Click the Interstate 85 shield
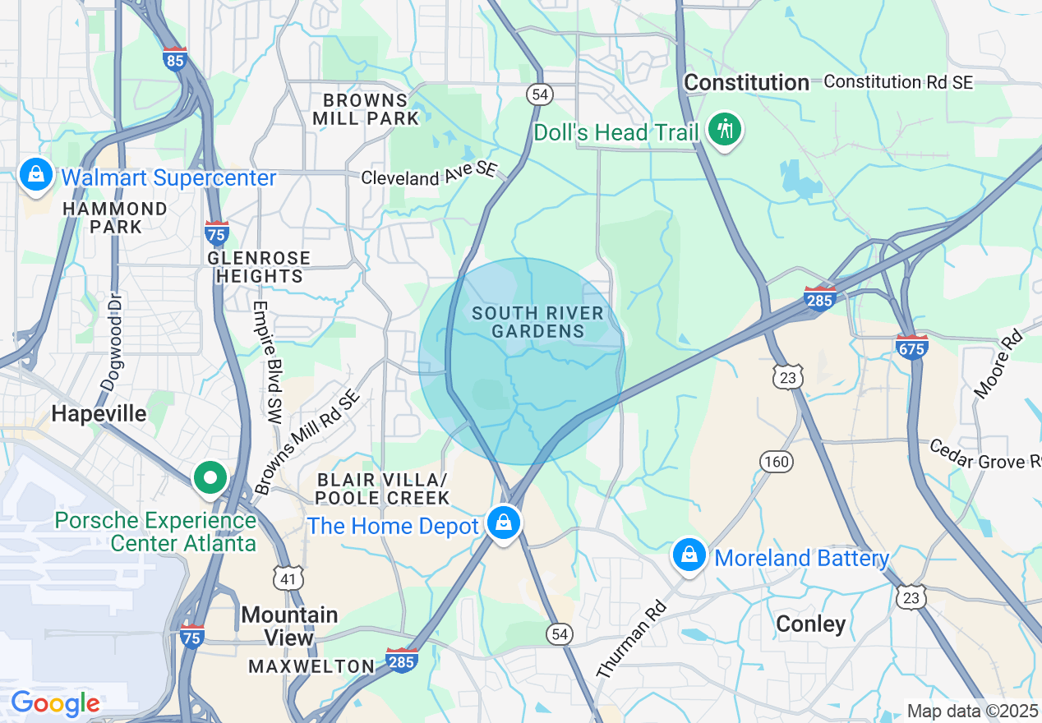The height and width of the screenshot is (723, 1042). click(x=175, y=59)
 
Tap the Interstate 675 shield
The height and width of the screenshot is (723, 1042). click(x=912, y=346)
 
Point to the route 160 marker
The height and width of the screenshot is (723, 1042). click(x=776, y=462)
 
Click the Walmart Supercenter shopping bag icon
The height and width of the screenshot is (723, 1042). click(x=35, y=175)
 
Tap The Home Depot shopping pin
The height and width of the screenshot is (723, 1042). click(x=503, y=522)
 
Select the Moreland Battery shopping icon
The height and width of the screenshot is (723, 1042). click(x=689, y=556)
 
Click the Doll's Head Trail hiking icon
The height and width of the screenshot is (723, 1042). click(x=724, y=129)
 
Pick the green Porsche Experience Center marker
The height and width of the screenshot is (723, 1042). click(x=210, y=477)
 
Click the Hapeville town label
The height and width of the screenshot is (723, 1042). click(x=99, y=413)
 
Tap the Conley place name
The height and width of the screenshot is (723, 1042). click(x=810, y=624)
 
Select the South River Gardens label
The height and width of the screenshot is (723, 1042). click(x=537, y=322)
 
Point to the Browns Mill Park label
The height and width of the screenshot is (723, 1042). click(x=366, y=109)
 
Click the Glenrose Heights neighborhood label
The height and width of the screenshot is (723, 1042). click(x=259, y=267)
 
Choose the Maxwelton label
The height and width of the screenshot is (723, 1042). click(x=311, y=666)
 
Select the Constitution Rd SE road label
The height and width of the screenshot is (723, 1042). click(x=898, y=82)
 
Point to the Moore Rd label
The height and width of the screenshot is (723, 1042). click(x=998, y=364)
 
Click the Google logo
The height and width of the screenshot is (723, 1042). click(x=55, y=703)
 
